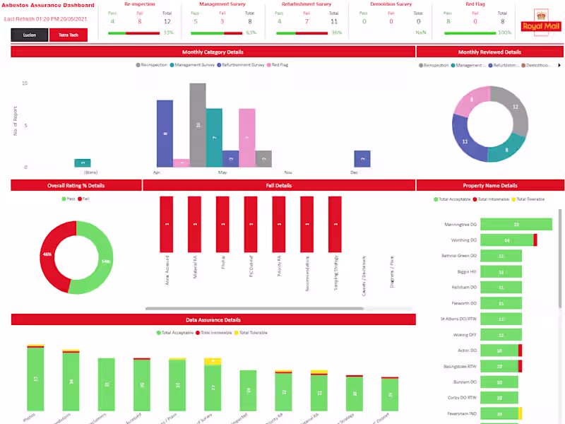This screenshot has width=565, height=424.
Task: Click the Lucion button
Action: pos(30,35)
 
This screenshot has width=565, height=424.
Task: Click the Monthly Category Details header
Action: pos(213,52)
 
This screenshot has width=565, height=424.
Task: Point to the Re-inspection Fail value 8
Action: pos(140,22)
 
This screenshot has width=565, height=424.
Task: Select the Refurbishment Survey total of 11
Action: pos(334,22)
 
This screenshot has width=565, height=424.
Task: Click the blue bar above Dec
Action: pos(362,159)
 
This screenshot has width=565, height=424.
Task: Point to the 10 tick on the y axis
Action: pos(25,83)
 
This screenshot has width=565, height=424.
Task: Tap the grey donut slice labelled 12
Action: pos(514,110)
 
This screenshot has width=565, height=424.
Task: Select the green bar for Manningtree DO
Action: pos(516,225)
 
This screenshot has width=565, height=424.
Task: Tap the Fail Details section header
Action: pos(279,185)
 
